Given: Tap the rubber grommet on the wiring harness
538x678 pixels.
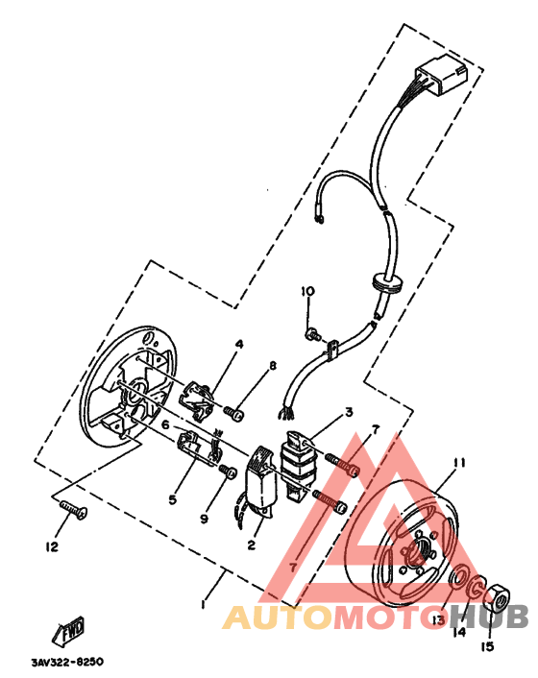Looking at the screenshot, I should [x=384, y=283].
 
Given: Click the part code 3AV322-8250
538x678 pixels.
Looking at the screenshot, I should [x=66, y=663].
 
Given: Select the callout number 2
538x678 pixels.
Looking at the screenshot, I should [x=250, y=545].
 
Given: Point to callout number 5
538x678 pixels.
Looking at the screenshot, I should [x=174, y=499].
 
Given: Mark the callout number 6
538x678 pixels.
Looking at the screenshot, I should [x=165, y=424].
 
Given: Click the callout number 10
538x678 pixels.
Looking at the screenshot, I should [x=306, y=291].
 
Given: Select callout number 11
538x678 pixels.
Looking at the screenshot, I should [x=459, y=462].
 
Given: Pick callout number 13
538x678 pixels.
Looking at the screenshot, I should [x=438, y=619].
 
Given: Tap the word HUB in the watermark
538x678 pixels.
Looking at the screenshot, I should [x=489, y=618].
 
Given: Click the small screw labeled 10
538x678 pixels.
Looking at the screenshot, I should [x=312, y=334].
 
